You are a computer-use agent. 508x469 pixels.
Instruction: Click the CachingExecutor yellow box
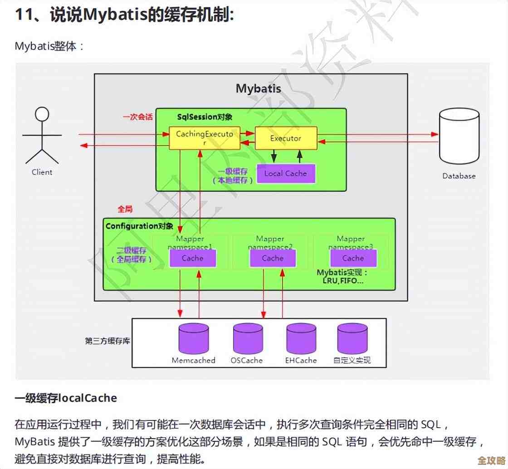point(205,138)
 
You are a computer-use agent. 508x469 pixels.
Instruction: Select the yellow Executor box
point(286,138)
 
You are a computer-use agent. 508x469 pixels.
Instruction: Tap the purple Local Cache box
point(286,173)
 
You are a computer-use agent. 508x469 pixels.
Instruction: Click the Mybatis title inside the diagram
point(259,88)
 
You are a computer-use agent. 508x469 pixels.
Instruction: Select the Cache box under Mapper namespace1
point(192,258)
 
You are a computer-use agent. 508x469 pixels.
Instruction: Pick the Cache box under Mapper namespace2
point(273,258)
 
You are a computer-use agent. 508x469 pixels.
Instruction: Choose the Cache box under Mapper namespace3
point(353,258)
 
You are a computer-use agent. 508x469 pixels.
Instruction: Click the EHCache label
point(301,361)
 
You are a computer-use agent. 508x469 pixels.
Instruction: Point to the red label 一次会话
point(137,117)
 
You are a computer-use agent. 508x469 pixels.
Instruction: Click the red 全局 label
point(125,209)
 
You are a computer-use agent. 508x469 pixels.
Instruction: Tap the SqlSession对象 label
point(205,117)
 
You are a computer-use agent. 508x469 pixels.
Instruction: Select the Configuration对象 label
point(139,226)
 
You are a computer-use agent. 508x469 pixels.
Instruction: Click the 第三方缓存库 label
point(107,341)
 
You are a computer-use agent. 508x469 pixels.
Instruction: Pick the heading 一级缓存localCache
point(66,398)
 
